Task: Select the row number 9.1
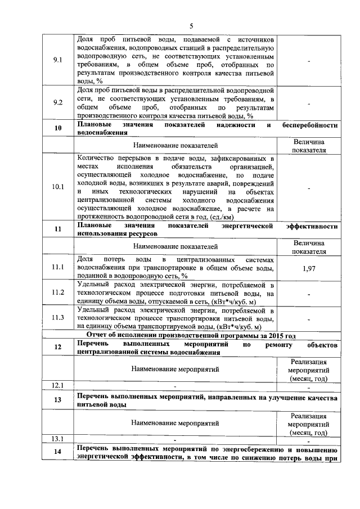coord(57,60)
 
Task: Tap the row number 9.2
coord(57,102)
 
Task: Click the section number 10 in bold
coord(57,128)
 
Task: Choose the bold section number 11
coord(57,229)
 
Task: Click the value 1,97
coord(309,269)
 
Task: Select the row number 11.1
coord(57,268)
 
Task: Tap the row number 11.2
coord(57,293)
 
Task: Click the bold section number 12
coord(57,348)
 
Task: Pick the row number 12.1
coord(57,385)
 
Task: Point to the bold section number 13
coord(57,400)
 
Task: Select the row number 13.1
coord(57,439)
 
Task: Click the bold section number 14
coord(57,453)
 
